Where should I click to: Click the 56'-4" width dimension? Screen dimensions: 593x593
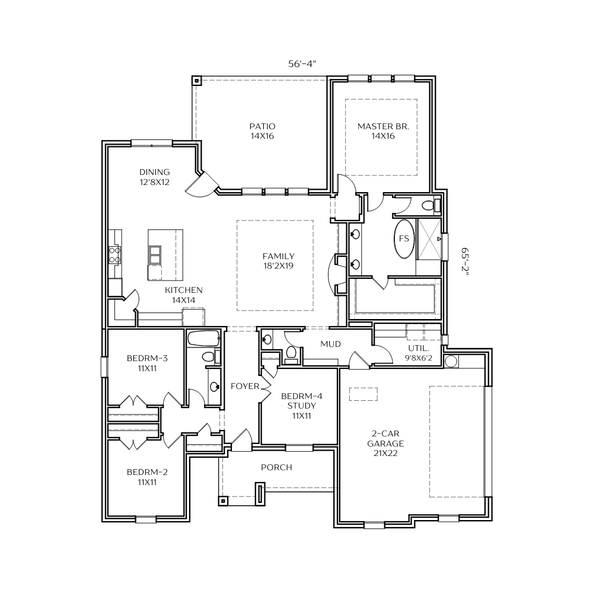pos(302,64)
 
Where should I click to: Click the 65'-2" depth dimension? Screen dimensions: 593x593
pos(464,262)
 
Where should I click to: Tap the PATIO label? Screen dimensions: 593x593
pos(263,126)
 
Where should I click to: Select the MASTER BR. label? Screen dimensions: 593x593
pos(383,126)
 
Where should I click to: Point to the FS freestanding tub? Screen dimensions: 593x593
pos(404,238)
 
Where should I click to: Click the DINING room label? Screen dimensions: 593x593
pos(154,172)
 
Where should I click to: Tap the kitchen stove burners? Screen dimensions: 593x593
pos(114,255)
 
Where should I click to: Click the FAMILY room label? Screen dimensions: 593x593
pos(278,256)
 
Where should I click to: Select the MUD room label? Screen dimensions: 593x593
pos(330,344)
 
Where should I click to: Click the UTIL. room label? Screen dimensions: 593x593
pos(418,348)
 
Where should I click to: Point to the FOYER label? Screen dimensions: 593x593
pos(245,386)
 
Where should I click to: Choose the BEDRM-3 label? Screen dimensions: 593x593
pos(147,358)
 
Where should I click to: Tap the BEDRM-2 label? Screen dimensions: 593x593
pos(147,472)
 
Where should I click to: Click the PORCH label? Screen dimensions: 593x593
pos(276,467)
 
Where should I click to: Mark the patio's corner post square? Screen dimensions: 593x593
pos(196,81)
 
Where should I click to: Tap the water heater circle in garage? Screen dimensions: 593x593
pos(451,361)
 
